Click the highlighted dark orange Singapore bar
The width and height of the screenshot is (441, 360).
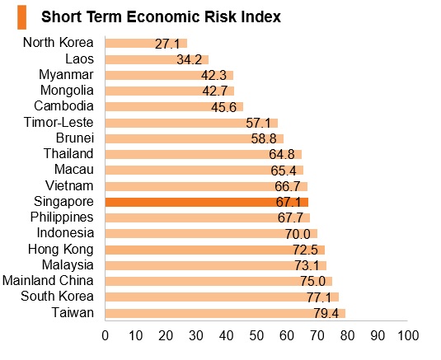point(207,203)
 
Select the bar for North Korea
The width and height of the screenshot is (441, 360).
point(146,44)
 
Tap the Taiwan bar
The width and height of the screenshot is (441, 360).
point(225,313)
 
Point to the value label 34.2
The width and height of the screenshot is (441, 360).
point(190,59)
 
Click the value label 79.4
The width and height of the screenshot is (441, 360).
point(326,313)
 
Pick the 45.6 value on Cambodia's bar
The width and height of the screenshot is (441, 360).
point(224,107)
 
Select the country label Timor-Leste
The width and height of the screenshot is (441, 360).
point(59,122)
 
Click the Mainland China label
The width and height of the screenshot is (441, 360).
point(48,280)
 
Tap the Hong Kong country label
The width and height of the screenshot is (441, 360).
point(61,250)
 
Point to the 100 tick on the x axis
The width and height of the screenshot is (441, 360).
point(408,335)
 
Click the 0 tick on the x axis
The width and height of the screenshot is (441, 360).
point(106,335)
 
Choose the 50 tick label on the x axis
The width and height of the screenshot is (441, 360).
point(256,335)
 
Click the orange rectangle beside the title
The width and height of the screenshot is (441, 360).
point(21,17)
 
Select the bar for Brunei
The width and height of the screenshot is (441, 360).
point(195,139)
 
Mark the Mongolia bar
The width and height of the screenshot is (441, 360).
point(170,91)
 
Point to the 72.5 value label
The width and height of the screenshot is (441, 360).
point(305,250)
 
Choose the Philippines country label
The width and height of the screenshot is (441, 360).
point(62,217)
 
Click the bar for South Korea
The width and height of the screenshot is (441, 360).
point(222,297)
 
